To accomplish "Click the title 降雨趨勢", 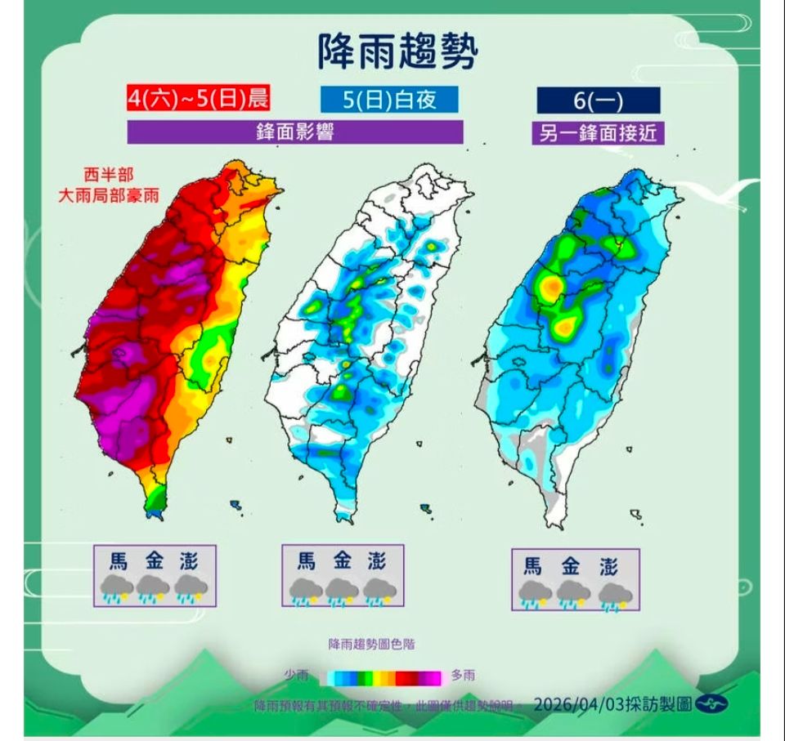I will click(396, 51).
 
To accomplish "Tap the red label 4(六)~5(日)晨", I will click(197, 98).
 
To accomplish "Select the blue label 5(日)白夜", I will click(389, 100).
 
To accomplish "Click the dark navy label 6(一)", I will click(598, 100).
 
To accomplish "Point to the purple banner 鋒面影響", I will click(295, 132).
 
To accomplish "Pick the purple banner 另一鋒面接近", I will click(598, 132).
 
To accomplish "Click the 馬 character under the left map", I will click(119, 561).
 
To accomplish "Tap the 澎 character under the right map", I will click(609, 565).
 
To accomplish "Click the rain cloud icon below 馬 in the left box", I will click(116, 589).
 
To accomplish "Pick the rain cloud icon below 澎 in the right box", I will click(613, 594).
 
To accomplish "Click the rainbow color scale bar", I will click(382, 677).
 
